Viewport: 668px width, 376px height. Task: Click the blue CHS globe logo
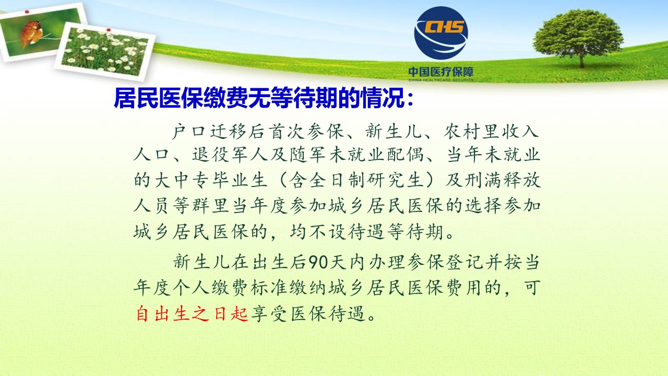[441, 33]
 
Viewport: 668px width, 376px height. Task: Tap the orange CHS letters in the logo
[444, 27]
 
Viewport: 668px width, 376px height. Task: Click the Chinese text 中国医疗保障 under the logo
[441, 72]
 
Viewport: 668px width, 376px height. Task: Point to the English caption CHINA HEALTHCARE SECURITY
[441, 80]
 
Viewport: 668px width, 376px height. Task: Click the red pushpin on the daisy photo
[109, 30]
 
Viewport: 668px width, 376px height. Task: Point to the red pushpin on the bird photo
[27, 12]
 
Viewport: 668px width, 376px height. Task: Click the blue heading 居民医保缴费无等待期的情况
[259, 98]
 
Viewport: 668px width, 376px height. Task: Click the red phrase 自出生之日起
[192, 314]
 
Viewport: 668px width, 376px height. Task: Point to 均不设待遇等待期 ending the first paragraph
[366, 232]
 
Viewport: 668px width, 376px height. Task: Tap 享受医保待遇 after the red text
[308, 314]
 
